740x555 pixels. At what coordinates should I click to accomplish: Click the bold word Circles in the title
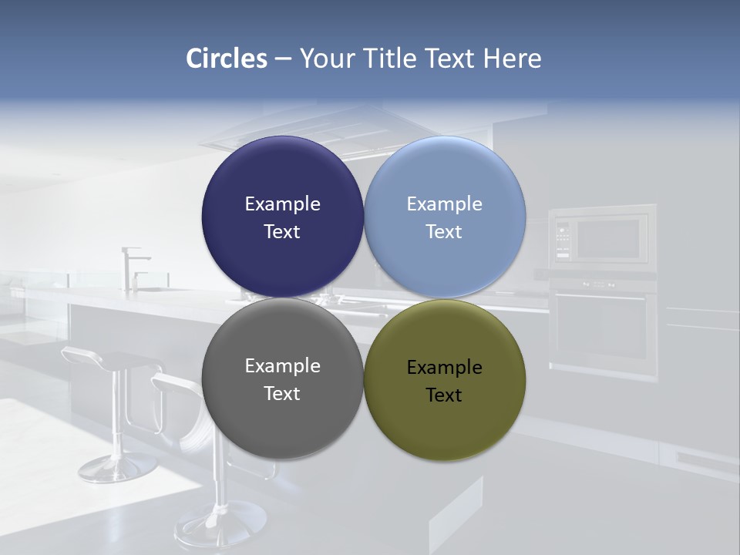(227, 59)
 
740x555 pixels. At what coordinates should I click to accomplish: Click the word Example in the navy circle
(282, 203)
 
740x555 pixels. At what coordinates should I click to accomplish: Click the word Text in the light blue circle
(444, 231)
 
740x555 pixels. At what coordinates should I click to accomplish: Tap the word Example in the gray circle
(282, 365)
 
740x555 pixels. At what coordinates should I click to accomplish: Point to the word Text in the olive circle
(444, 395)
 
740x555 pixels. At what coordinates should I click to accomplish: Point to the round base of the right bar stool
(220, 524)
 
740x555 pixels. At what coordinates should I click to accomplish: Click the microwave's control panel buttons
(563, 239)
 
